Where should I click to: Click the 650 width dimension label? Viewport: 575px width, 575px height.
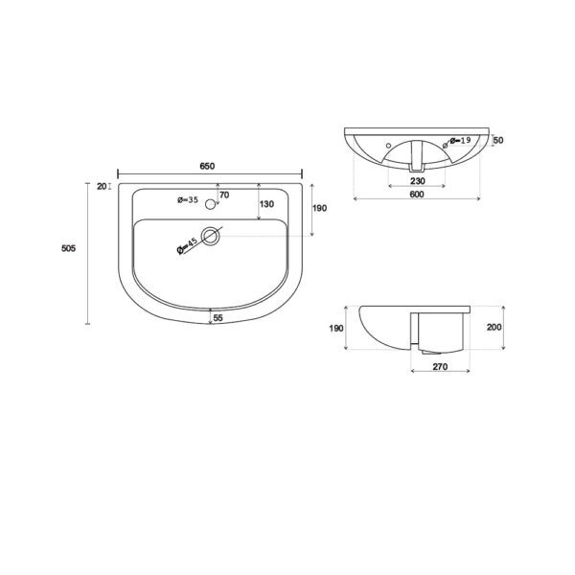[207, 166]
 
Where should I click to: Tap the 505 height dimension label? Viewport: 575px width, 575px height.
[69, 248]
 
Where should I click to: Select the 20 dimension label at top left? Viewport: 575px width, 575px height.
[102, 186]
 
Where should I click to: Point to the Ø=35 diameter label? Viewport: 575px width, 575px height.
[188, 200]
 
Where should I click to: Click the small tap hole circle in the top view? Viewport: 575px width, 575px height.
[210, 204]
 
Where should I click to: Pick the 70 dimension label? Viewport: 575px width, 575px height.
[224, 195]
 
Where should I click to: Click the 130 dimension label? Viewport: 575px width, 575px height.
[266, 204]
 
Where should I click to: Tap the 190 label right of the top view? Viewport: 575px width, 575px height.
[319, 208]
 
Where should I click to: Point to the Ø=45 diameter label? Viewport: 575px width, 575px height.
[187, 245]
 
